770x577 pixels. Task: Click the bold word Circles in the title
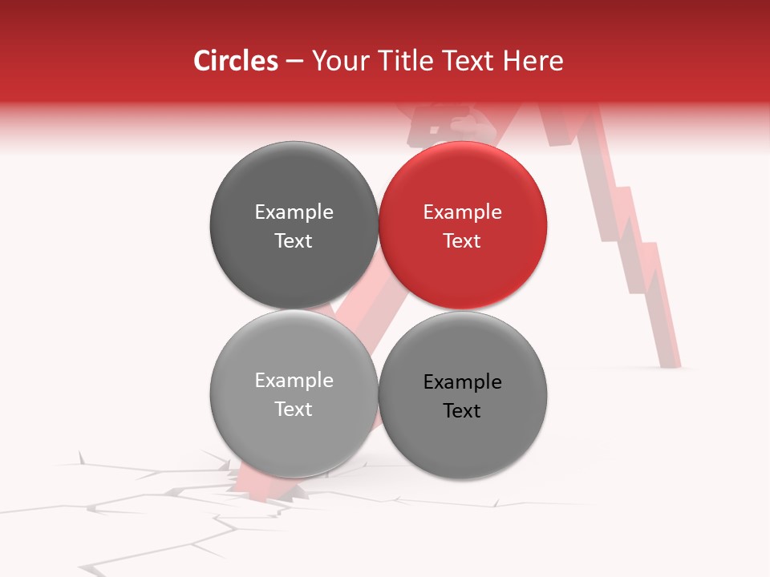pyautogui.click(x=235, y=61)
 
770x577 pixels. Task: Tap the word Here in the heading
pyautogui.click(x=534, y=61)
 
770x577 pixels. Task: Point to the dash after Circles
pyautogui.click(x=294, y=62)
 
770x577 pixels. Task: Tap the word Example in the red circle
pyautogui.click(x=462, y=212)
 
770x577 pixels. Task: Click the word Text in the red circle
pyautogui.click(x=462, y=240)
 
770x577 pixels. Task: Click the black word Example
pyautogui.click(x=462, y=382)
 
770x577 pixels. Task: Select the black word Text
pyautogui.click(x=462, y=410)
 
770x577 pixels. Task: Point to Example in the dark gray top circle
pyautogui.click(x=294, y=212)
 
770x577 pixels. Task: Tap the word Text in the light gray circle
pyautogui.click(x=294, y=409)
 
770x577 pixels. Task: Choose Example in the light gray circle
pyautogui.click(x=294, y=381)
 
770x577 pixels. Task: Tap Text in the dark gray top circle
pyautogui.click(x=294, y=240)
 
